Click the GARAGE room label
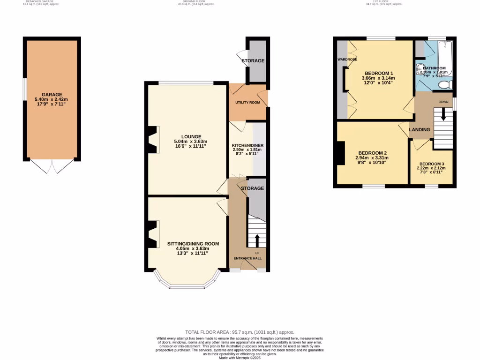click(x=52, y=94)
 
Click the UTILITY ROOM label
click(x=247, y=102)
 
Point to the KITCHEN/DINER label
click(x=247, y=145)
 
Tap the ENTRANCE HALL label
click(x=247, y=258)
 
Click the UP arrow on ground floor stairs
click(x=256, y=241)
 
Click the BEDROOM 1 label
click(x=378, y=73)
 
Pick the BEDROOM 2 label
click(x=372, y=153)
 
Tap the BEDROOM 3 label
click(x=431, y=164)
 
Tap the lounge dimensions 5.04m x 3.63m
click(x=190, y=142)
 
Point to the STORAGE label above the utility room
click(x=253, y=61)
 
